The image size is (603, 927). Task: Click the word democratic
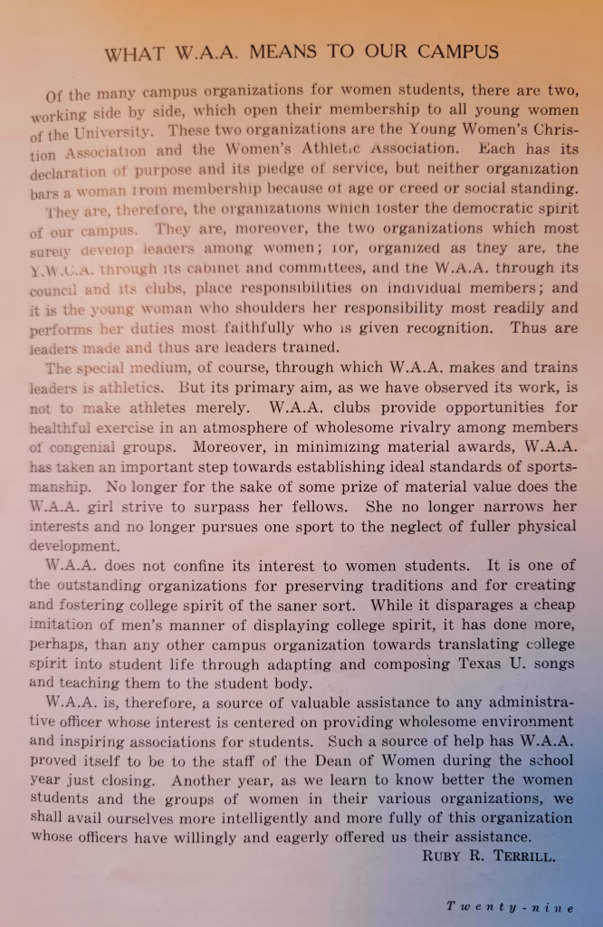481,208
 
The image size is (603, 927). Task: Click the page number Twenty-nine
510,906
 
